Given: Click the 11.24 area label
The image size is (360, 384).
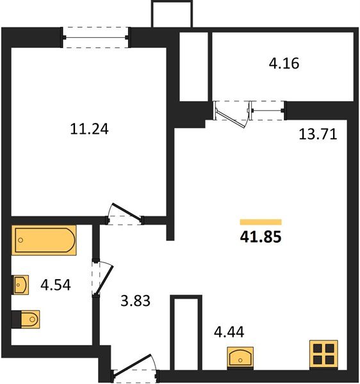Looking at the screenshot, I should point(90,129).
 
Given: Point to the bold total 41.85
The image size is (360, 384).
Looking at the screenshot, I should point(261,236).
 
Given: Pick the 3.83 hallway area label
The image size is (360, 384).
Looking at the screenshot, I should point(135,300).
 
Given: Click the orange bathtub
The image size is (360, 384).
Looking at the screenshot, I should point(44,240).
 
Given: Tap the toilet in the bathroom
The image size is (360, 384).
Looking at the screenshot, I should point(26,318).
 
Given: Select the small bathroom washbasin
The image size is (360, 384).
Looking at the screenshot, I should point(20,284).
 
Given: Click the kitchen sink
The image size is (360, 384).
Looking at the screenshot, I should point(241,356).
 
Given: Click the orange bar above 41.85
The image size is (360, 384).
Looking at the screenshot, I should point(261,222).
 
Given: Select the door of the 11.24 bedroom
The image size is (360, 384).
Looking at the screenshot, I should point(124,214).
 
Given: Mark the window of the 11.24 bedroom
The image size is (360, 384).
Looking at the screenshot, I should point(97,37).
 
